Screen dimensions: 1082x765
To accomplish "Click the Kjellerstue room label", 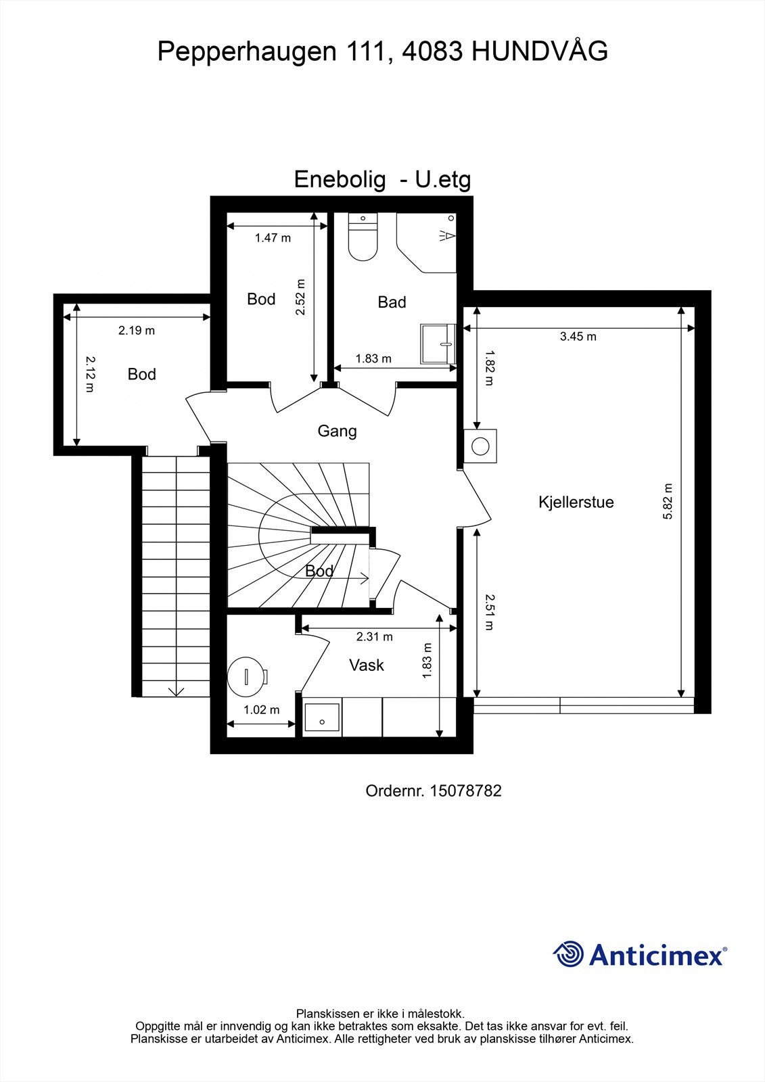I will [x=576, y=502].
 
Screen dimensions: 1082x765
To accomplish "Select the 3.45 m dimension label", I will [x=578, y=336].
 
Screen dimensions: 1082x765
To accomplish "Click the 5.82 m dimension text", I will [x=668, y=501].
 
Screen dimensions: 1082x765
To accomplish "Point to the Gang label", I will [x=337, y=431].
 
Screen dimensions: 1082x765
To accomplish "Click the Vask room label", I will [x=367, y=665].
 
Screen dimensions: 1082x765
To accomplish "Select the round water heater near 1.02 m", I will [x=246, y=676].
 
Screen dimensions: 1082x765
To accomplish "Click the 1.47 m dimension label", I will [x=273, y=238].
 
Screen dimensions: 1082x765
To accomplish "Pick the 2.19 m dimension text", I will [x=137, y=330].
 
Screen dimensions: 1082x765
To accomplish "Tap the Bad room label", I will [x=392, y=302].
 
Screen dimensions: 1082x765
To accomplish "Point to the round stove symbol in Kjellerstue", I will [x=481, y=446].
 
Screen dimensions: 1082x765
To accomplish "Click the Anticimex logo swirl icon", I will [x=569, y=954].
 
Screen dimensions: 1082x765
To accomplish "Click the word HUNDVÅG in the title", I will [x=539, y=51].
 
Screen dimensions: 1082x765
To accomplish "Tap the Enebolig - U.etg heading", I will [x=382, y=180].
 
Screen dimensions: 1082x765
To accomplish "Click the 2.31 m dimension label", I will [x=375, y=636].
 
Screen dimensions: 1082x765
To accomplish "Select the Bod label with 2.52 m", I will [x=261, y=299].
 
